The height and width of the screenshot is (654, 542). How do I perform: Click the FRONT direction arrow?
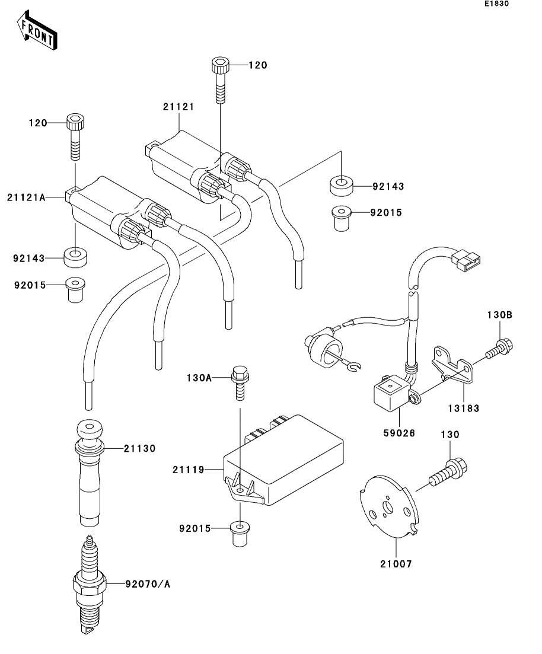(x=36, y=30)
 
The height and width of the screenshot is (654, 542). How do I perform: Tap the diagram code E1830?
(x=496, y=4)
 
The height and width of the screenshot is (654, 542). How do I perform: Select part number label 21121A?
(x=26, y=197)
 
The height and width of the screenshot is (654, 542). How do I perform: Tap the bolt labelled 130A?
(x=240, y=382)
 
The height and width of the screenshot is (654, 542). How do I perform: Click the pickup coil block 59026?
(x=394, y=392)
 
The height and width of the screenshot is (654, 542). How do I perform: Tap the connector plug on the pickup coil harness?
(x=466, y=260)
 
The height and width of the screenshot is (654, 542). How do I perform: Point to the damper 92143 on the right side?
(x=342, y=186)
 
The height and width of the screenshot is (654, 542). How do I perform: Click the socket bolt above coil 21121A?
(x=75, y=136)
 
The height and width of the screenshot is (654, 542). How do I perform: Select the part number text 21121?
(x=178, y=107)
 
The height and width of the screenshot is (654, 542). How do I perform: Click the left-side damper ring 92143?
(x=75, y=258)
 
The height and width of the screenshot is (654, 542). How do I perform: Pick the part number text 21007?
(x=396, y=564)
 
